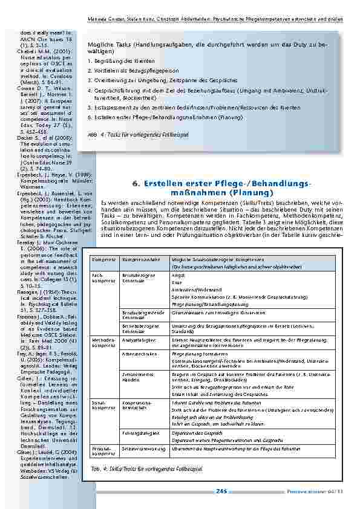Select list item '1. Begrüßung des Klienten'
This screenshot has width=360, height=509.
pyautogui.click(x=113, y=61)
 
